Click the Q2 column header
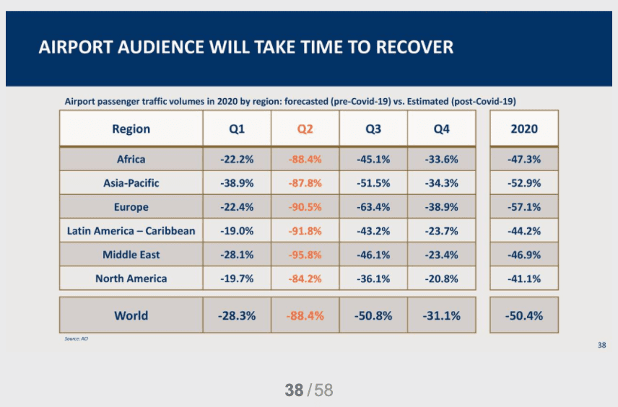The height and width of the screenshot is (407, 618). click(x=305, y=129)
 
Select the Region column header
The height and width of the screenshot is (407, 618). click(x=131, y=129)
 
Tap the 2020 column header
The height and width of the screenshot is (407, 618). click(x=524, y=129)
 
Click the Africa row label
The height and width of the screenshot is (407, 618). click(x=131, y=159)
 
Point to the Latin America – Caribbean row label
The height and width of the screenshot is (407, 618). click(x=131, y=231)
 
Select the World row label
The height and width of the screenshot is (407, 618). click(x=131, y=315)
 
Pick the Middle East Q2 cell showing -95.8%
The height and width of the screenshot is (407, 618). click(x=305, y=255)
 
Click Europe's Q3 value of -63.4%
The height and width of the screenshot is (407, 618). click(x=373, y=207)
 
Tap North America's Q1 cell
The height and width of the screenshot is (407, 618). click(x=237, y=279)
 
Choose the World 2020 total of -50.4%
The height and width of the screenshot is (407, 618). click(x=524, y=315)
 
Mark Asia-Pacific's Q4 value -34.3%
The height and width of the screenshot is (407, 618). click(x=442, y=183)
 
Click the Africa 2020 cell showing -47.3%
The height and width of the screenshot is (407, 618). click(x=524, y=159)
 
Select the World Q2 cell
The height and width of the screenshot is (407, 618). click(x=305, y=315)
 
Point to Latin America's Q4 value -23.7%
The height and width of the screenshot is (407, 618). click(x=442, y=231)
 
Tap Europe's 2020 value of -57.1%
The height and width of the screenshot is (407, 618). click(x=524, y=207)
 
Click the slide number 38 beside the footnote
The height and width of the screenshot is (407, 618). click(x=602, y=346)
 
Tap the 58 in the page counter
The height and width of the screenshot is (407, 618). click(x=323, y=390)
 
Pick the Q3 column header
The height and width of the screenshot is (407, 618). click(x=373, y=129)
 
